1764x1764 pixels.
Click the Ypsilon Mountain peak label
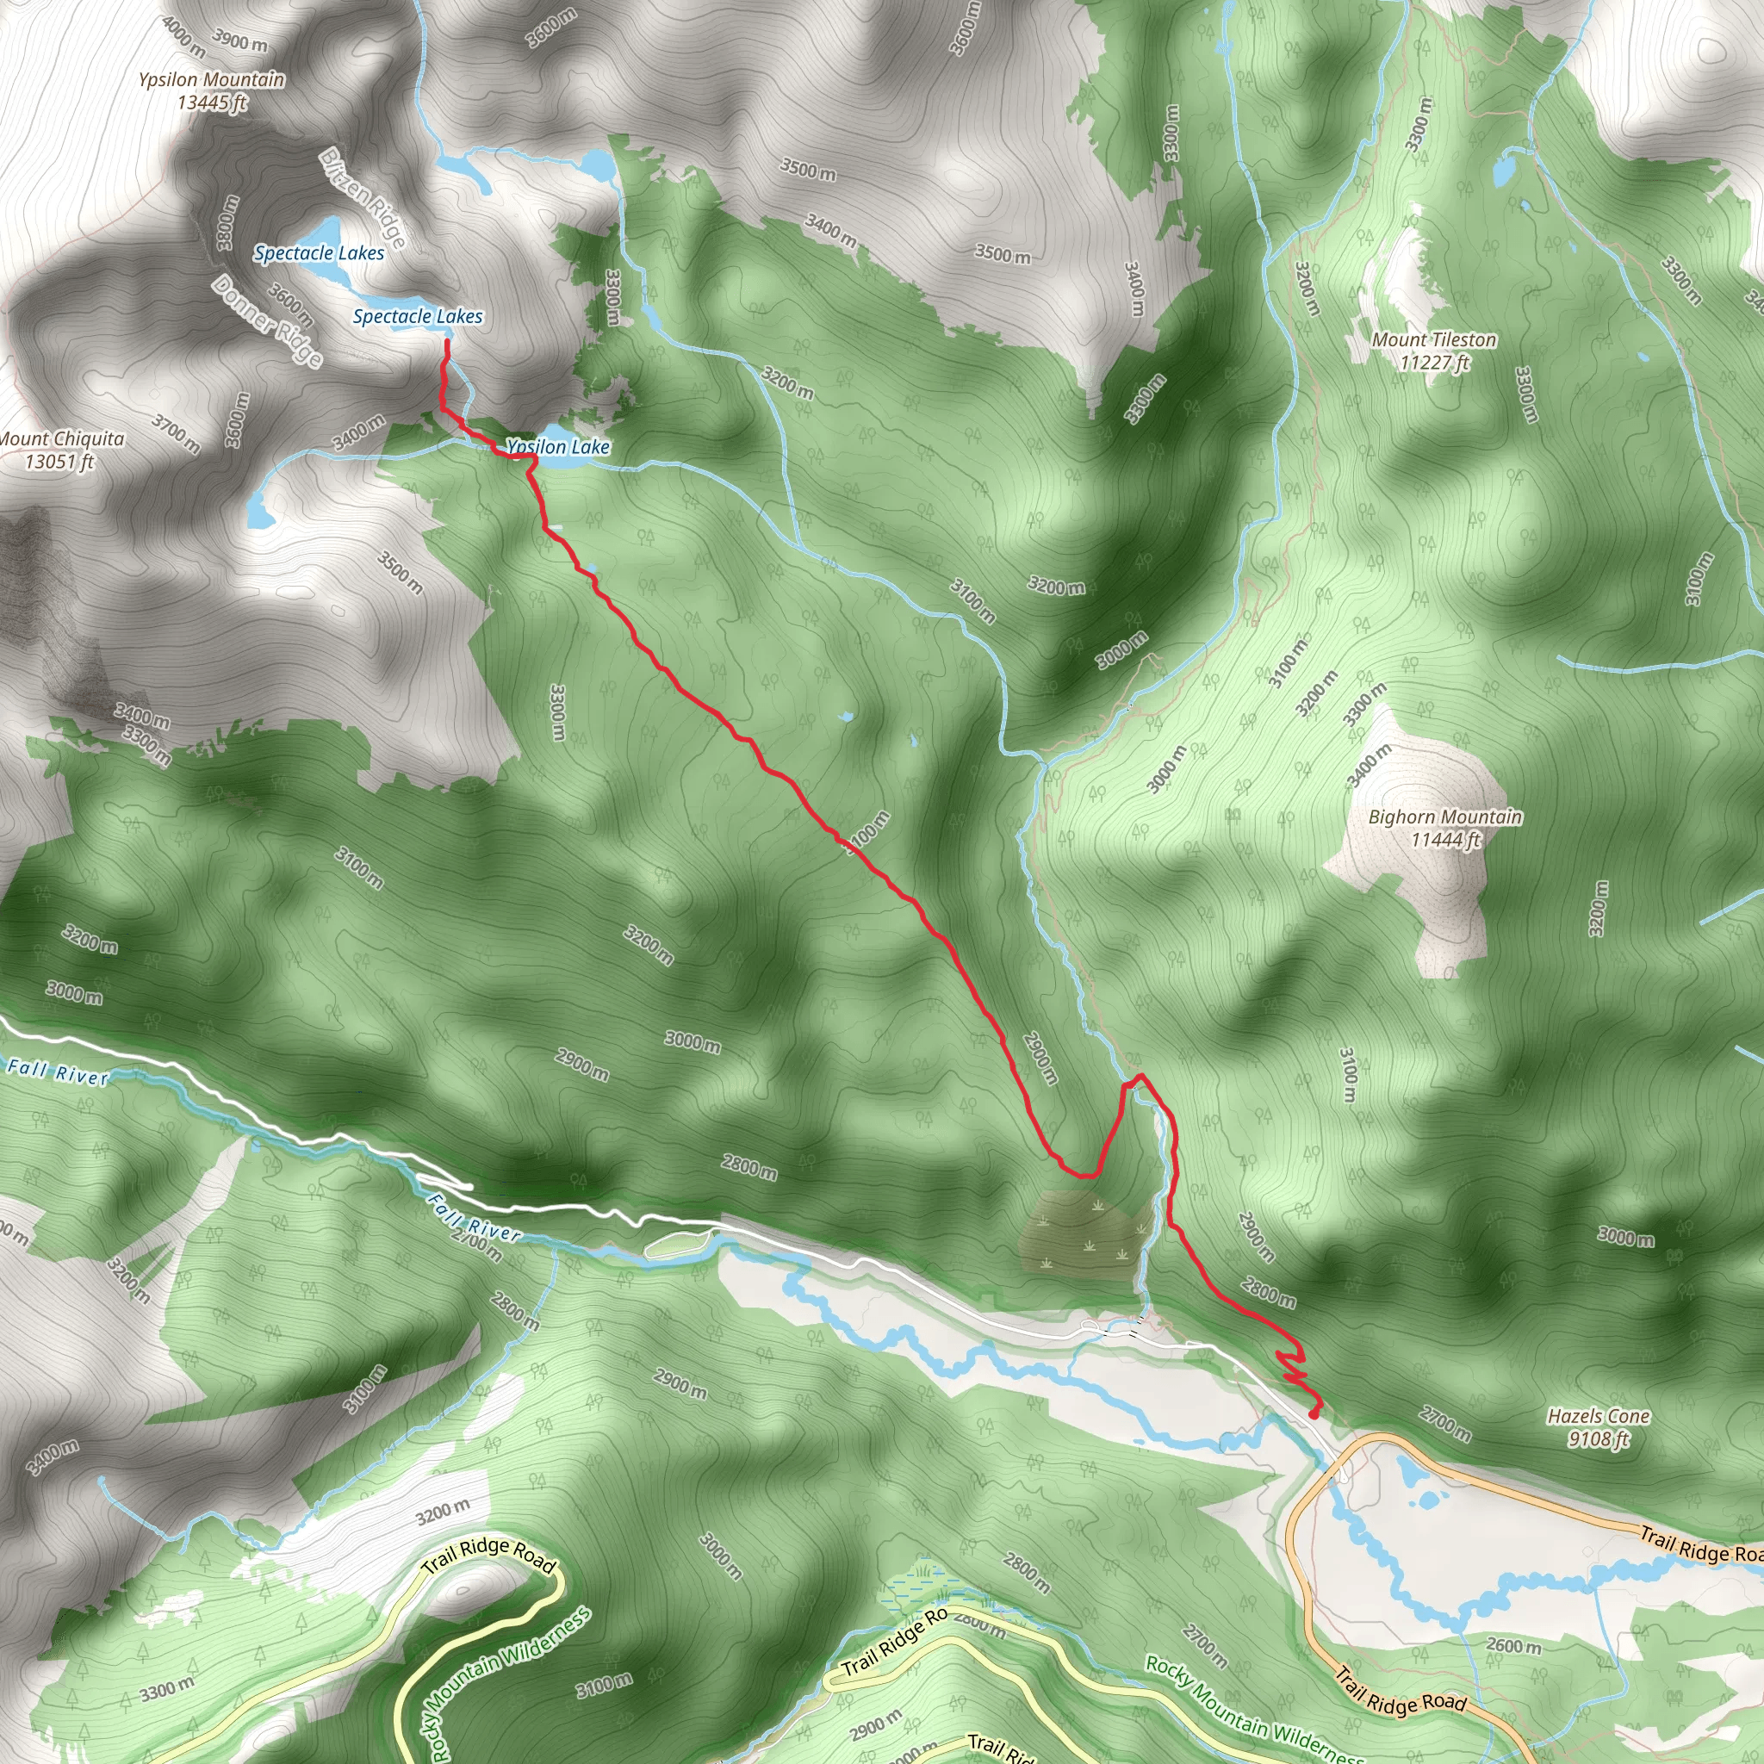(212, 80)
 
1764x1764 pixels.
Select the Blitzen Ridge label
(363, 197)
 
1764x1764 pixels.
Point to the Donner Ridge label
(268, 321)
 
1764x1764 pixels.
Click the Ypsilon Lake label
(558, 447)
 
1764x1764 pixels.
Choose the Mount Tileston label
(1434, 340)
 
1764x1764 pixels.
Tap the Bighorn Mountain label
(1445, 817)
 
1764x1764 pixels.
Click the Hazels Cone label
(1599, 1416)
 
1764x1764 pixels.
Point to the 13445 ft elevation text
(212, 102)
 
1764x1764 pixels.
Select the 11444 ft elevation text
(1445, 840)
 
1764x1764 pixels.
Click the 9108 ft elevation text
(1599, 1440)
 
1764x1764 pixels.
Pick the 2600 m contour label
(1515, 1646)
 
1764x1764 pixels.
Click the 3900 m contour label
(240, 41)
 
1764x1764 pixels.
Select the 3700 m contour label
(177, 434)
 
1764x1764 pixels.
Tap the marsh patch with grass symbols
(1084, 1234)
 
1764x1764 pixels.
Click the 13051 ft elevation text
(59, 462)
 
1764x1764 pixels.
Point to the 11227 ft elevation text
(1434, 363)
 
